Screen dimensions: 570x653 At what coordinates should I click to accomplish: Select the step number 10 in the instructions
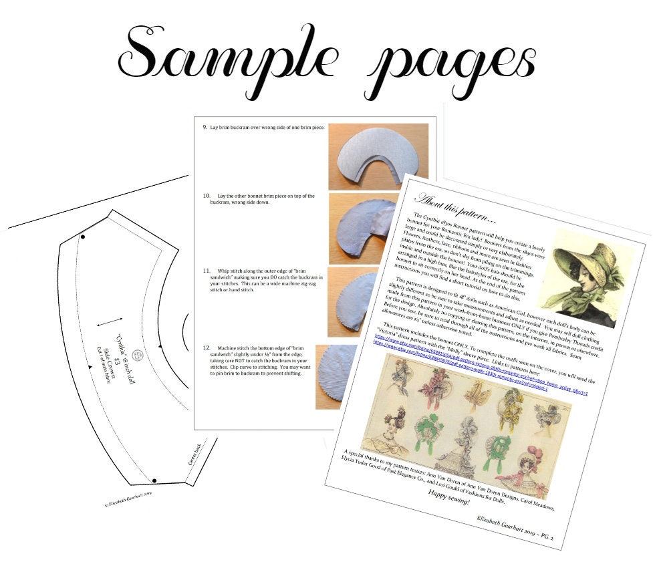click(x=207, y=196)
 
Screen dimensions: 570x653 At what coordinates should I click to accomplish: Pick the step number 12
click(x=207, y=349)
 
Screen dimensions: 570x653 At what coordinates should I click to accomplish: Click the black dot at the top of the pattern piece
click(x=83, y=237)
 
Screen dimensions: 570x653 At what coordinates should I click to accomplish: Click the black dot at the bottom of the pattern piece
click(x=154, y=480)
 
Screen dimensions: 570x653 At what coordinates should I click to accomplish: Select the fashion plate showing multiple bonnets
click(x=468, y=424)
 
